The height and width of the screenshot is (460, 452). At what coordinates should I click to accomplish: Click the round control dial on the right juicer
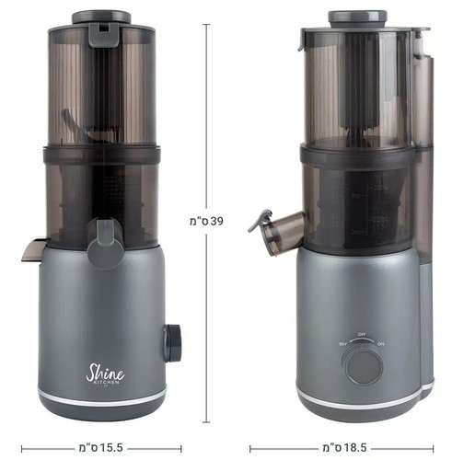point(363,364)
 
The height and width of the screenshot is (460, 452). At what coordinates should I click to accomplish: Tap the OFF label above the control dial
point(363,335)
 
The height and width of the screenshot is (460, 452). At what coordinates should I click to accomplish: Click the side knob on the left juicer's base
point(173,342)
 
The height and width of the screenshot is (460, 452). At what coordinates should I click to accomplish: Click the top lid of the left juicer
point(100,17)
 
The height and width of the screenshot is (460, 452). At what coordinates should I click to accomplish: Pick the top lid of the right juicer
point(356,17)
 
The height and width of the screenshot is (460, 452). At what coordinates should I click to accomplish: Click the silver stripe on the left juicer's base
point(101,397)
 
